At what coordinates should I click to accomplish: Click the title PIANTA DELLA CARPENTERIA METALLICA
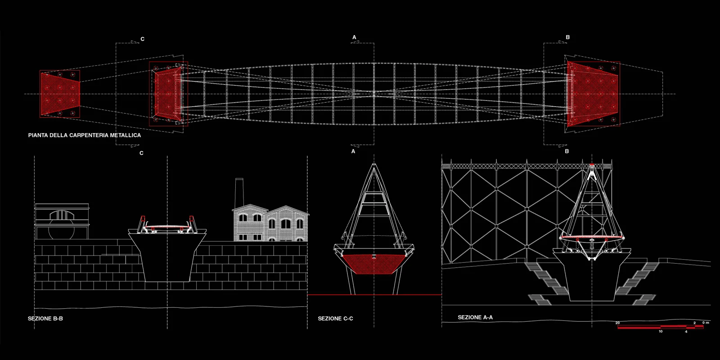tap(85, 135)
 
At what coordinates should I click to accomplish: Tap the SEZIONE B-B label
tap(45, 319)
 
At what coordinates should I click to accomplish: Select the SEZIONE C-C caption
tap(335, 319)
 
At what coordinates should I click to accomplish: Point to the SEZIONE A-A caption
tap(475, 317)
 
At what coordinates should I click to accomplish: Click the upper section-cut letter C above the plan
tap(143, 39)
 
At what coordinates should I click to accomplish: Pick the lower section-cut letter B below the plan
tap(567, 151)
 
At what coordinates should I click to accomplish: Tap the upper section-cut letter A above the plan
tap(354, 37)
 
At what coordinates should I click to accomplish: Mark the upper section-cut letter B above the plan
tap(567, 37)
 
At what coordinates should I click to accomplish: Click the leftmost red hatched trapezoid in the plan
tap(59, 94)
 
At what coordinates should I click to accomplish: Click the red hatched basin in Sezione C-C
tap(373, 264)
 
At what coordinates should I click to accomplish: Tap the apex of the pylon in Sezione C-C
tap(374, 165)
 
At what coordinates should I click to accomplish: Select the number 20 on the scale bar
tap(617, 323)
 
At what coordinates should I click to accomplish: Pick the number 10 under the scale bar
tap(661, 332)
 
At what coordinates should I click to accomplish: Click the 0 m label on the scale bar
tap(706, 323)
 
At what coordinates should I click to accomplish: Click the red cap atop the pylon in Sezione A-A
tap(592, 165)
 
